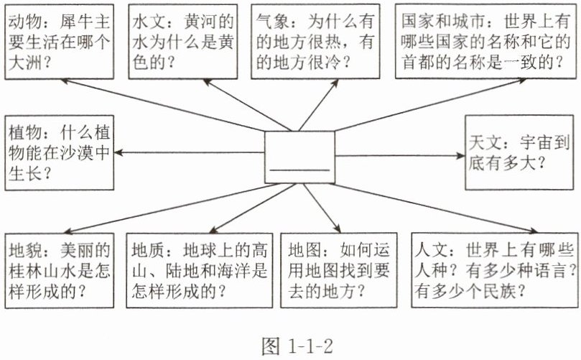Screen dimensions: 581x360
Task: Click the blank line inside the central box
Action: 300,170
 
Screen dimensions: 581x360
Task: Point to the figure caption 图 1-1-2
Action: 297,346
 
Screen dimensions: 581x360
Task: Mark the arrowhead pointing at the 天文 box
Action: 460,156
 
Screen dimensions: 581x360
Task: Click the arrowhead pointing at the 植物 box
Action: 119,152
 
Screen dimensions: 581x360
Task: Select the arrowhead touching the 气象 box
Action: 335,83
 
